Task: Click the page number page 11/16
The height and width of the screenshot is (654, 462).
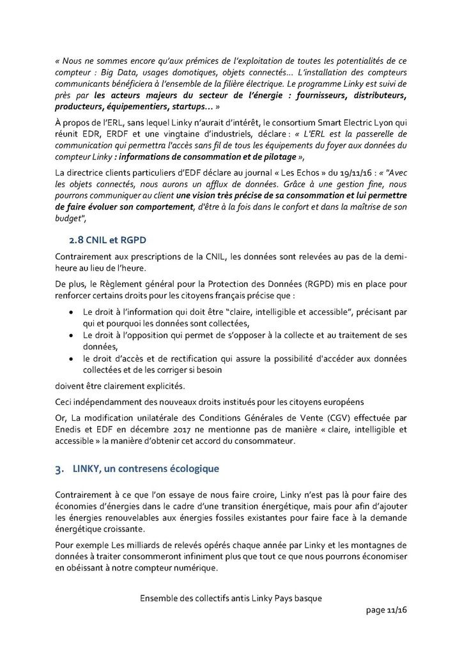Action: pyautogui.click(x=386, y=610)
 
